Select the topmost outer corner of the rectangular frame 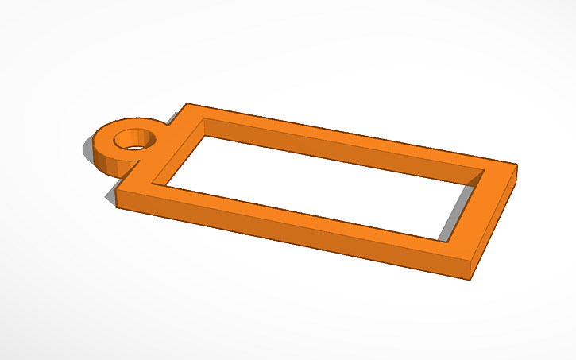187,103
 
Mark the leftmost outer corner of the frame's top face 118,191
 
